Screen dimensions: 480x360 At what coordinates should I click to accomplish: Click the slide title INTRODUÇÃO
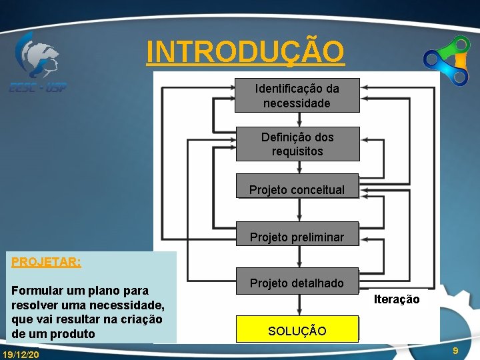pyautogui.click(x=245, y=51)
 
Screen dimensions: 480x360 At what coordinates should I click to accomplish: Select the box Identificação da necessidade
pyautogui.click(x=297, y=95)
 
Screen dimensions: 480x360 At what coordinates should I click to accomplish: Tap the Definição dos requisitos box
pyautogui.click(x=297, y=144)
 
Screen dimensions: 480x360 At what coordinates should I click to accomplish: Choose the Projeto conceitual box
pyautogui.click(x=297, y=190)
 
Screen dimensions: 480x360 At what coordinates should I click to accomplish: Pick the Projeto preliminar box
pyautogui.click(x=297, y=237)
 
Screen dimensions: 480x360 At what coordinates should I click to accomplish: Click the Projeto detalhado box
pyautogui.click(x=297, y=283)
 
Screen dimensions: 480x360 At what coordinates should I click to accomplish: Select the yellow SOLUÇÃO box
pyautogui.click(x=297, y=331)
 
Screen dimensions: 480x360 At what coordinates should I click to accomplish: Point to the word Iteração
pyautogui.click(x=397, y=299)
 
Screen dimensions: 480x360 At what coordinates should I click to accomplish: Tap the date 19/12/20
pyautogui.click(x=21, y=354)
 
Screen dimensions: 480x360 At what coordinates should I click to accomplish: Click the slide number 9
pyautogui.click(x=455, y=351)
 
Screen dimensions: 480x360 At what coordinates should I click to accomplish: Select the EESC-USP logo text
pyautogui.click(x=37, y=87)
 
